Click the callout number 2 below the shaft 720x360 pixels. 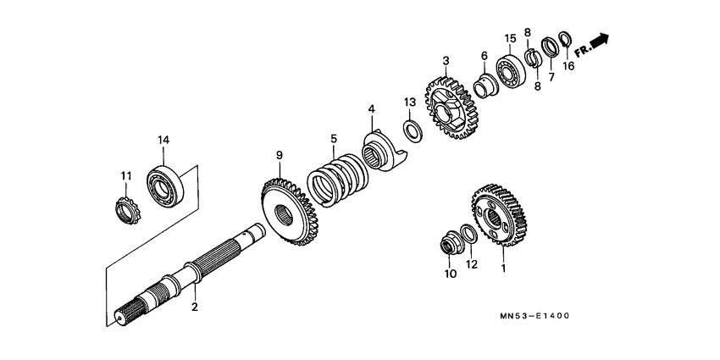click(194, 307)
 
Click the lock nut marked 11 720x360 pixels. click(125, 206)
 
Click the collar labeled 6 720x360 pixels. click(485, 86)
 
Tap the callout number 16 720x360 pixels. click(568, 65)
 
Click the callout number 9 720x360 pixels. click(277, 155)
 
